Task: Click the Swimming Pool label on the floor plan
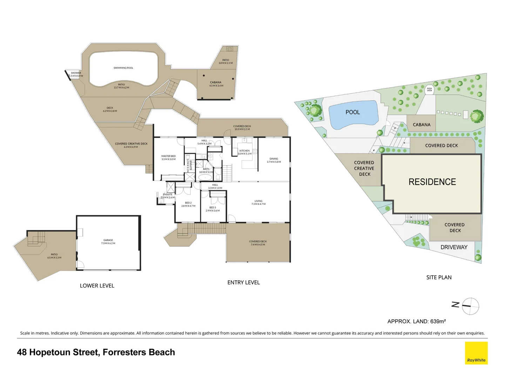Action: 123,68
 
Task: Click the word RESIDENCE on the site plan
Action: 432,182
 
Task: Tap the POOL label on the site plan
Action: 352,112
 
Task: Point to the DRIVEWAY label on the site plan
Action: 454,247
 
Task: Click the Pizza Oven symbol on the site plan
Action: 429,90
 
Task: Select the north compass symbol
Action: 470,306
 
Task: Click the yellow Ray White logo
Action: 476,353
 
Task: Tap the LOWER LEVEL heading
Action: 97,286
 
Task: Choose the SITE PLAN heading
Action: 439,277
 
